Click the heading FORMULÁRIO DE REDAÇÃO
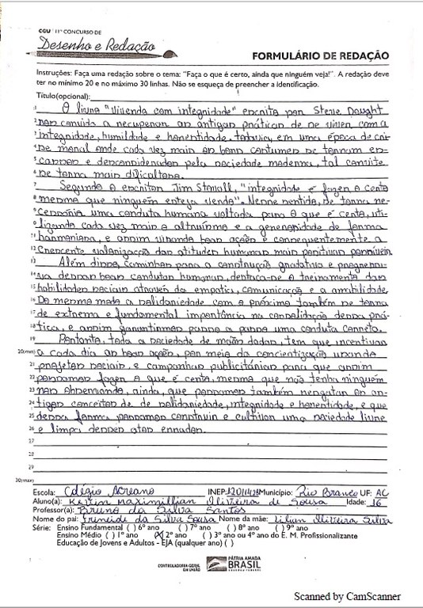pos(319,55)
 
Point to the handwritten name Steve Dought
pos(358,107)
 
